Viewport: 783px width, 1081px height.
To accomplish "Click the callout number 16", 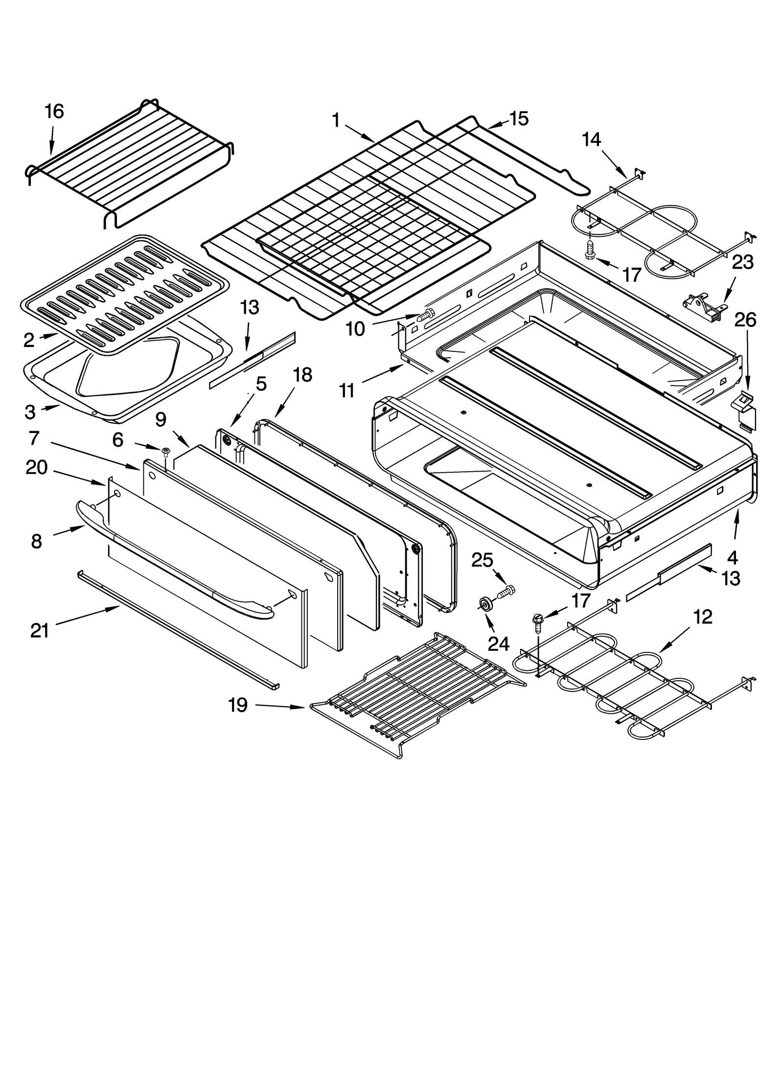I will click(x=54, y=112).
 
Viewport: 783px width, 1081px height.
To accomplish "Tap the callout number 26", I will click(x=745, y=320).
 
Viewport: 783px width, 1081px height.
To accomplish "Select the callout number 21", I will click(x=40, y=631).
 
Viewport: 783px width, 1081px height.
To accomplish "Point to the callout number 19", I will click(x=238, y=705).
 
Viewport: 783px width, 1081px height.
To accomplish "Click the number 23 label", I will click(x=742, y=262).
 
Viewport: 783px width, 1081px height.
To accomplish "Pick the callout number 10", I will click(x=355, y=329).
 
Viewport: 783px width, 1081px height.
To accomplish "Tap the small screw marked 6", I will click(x=165, y=451).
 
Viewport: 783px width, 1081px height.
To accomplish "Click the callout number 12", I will click(x=703, y=617).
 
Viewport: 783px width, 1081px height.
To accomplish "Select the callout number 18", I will click(x=302, y=375).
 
